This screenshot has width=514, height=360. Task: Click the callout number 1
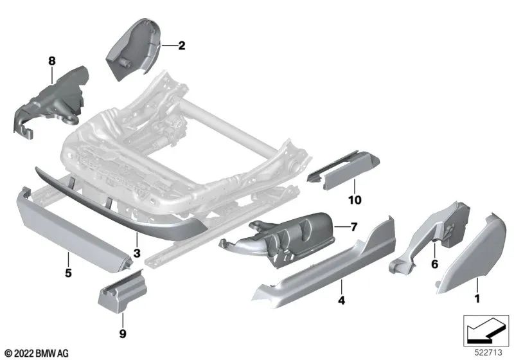[476, 298]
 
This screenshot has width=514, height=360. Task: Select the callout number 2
[181, 46]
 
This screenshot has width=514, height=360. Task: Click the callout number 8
[51, 61]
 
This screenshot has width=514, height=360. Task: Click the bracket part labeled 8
[48, 103]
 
